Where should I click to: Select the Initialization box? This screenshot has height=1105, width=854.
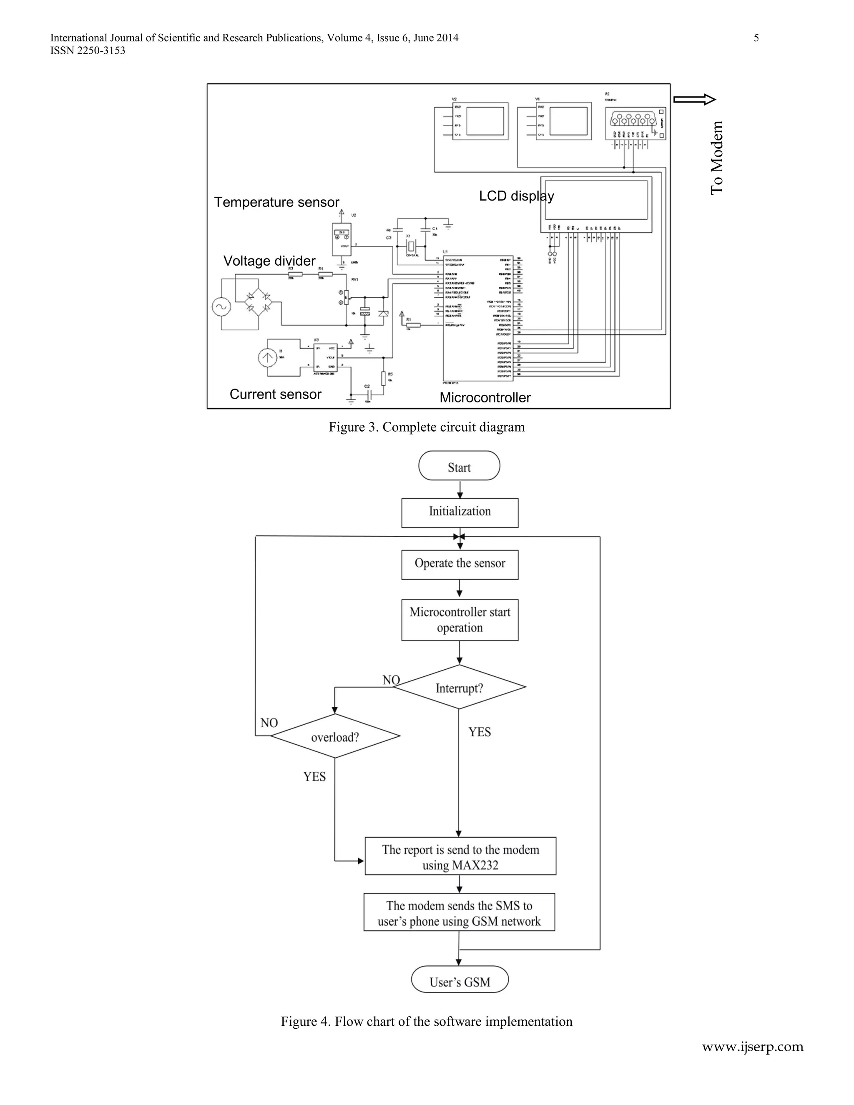[460, 512]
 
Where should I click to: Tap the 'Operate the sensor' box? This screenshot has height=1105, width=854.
[460, 564]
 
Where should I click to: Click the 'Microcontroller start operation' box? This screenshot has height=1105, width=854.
[460, 620]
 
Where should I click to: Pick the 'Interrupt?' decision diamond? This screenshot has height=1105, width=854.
[459, 687]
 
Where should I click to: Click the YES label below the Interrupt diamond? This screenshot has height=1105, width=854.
[479, 732]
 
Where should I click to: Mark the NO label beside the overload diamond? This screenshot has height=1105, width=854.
[269, 723]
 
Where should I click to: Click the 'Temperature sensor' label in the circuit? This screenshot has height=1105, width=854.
[276, 202]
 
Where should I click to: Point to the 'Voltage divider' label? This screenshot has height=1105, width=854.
[269, 261]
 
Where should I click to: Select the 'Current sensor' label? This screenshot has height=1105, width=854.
[275, 394]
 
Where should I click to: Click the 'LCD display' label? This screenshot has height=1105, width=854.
[516, 196]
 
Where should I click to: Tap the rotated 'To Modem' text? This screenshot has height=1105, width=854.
[716, 157]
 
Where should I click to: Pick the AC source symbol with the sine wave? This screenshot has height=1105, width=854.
[221, 306]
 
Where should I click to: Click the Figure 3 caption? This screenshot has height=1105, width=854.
[427, 427]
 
